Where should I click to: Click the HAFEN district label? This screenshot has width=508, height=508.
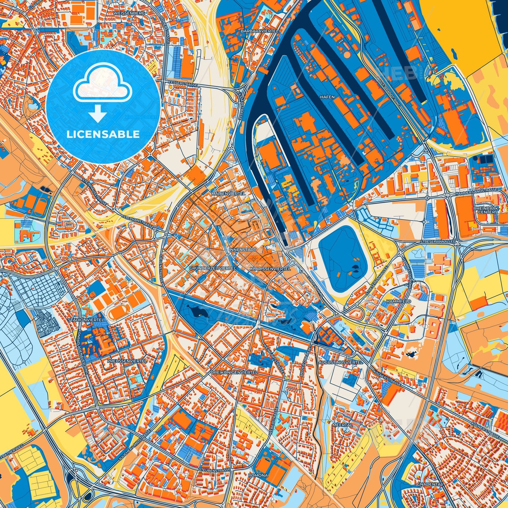click(x=327, y=97)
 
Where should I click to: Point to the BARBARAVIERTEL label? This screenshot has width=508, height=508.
click(x=259, y=31)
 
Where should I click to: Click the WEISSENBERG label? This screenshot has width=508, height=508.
click(x=124, y=13)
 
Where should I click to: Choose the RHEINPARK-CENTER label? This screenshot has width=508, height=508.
click(x=487, y=210)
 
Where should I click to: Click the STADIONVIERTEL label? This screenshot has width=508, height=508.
click(x=86, y=320)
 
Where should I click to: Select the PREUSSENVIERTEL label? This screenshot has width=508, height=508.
click(x=122, y=361)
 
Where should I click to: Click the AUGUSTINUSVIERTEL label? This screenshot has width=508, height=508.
click(x=340, y=362)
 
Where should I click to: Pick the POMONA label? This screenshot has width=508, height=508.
click(x=258, y=475)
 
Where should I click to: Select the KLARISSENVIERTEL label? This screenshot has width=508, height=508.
click(x=270, y=269)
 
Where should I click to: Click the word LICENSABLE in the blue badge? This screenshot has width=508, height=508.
click(x=103, y=134)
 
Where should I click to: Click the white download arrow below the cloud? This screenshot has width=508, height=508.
click(x=98, y=114)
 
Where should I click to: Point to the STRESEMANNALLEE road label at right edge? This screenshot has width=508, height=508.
click(x=438, y=242)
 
